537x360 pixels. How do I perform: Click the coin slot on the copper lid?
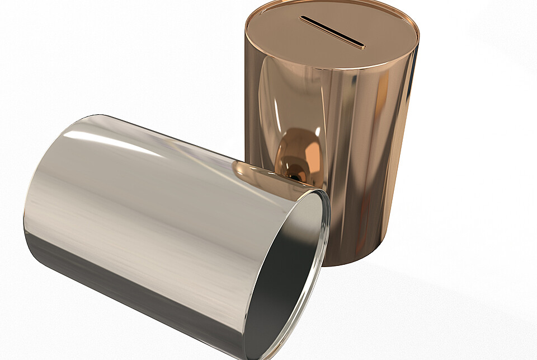click(x=332, y=32)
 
